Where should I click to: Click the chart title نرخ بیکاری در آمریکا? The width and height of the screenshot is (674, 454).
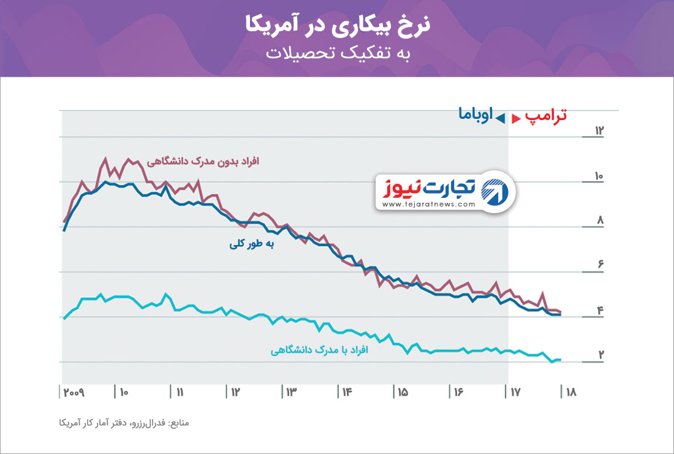tap(337, 25)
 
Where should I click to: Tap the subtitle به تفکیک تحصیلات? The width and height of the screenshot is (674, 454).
tap(337, 53)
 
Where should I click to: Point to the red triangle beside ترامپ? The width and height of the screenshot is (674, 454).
tap(517, 117)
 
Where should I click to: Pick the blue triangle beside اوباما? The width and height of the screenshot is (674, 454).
tap(501, 117)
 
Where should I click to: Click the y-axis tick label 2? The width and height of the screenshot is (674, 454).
tap(601, 354)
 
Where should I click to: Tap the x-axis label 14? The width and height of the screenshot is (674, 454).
tap(346, 392)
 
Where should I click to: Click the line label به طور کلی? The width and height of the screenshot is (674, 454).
tap(251, 244)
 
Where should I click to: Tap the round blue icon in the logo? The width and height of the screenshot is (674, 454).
tap(495, 192)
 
